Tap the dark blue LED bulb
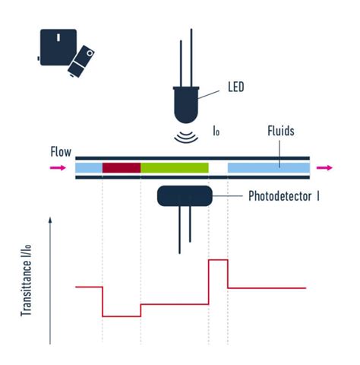click(x=187, y=105)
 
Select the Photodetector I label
click(x=283, y=196)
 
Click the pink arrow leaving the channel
click(x=326, y=167)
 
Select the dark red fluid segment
click(x=122, y=167)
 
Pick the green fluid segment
click(x=175, y=167)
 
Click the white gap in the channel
click(x=218, y=167)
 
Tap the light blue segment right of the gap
click(x=268, y=167)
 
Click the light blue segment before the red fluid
click(x=89, y=167)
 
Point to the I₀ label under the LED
click(x=216, y=132)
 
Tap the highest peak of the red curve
click(x=218, y=260)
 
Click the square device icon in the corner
click(x=57, y=47)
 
